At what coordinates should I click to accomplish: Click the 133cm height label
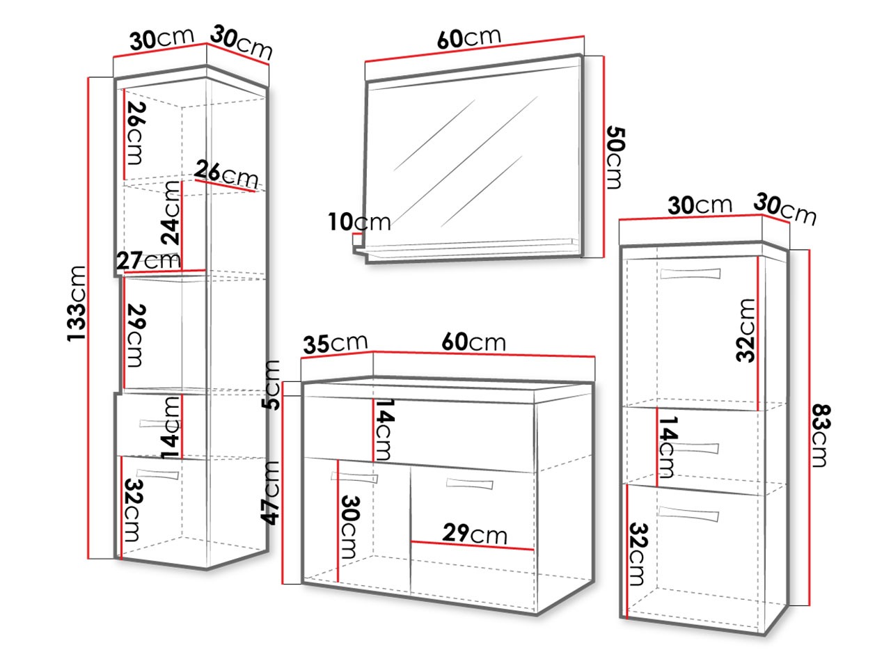pyautogui.click(x=77, y=303)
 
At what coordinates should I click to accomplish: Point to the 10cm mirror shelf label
pyautogui.click(x=359, y=223)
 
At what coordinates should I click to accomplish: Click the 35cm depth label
pyautogui.click(x=335, y=343)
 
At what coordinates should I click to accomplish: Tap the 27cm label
pyautogui.click(x=148, y=260)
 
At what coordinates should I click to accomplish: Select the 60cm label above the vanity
pyautogui.click(x=473, y=342)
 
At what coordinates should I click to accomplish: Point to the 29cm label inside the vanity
pyautogui.click(x=475, y=534)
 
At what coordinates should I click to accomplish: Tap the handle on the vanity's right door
pyautogui.click(x=469, y=484)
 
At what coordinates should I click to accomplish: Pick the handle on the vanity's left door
pyautogui.click(x=354, y=478)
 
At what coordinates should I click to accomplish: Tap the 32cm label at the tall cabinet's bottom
pyautogui.click(x=130, y=511)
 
